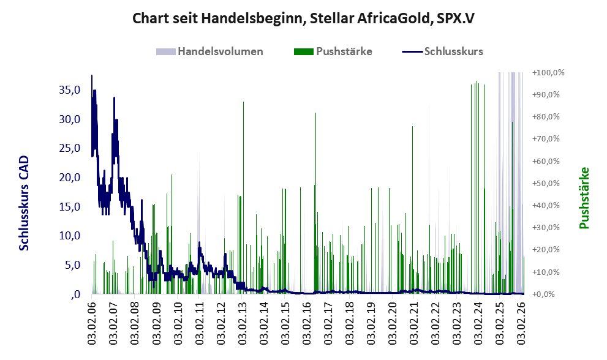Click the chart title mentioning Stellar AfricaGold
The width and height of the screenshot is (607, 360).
tap(303, 18)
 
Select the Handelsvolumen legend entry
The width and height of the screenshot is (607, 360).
tap(209, 51)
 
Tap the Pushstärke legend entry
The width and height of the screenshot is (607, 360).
tap(333, 51)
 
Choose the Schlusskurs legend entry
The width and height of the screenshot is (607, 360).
tap(442, 51)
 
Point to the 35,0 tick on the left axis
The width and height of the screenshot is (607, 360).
tap(70, 90)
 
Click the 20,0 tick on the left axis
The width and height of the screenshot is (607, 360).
tap(70, 178)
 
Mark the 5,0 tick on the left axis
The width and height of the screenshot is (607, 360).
tap(72, 265)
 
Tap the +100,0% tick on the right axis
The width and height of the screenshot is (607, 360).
tap(548, 72)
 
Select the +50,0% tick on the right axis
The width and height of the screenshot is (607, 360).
tap(546, 183)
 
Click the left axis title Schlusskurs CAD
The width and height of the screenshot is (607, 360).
tap(24, 203)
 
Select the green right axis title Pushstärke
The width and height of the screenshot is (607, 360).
tap(584, 198)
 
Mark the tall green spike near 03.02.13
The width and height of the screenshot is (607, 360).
tap(243, 197)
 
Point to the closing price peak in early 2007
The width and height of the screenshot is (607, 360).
tap(114, 97)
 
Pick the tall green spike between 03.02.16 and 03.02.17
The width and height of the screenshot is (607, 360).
tap(315, 203)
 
